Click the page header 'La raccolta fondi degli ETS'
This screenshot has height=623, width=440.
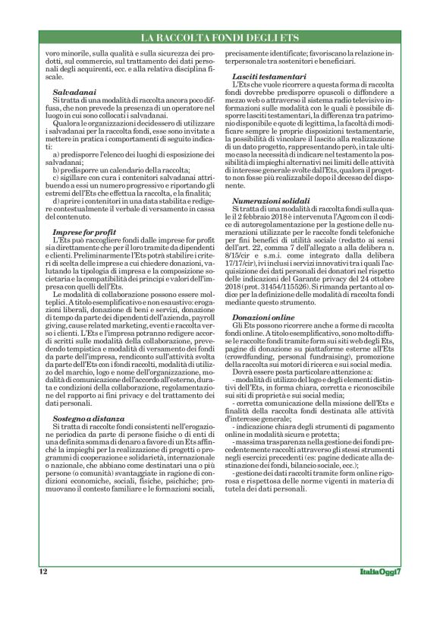(220, 38)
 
